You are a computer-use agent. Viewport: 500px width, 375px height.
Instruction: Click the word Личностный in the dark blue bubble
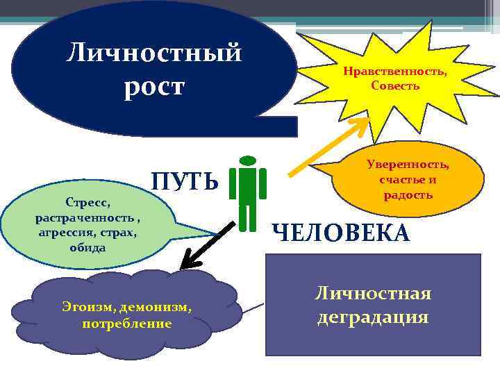(x=154, y=53)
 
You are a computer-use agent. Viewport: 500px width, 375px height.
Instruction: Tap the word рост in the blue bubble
(x=154, y=87)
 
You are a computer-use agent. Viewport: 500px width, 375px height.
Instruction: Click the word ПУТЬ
(x=185, y=182)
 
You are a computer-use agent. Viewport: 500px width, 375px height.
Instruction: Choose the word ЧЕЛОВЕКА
(x=340, y=233)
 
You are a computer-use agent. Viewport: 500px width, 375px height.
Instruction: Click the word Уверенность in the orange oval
(x=408, y=165)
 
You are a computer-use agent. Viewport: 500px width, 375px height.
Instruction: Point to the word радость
(x=408, y=194)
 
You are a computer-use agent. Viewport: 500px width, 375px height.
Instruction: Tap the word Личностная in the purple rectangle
(x=374, y=293)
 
